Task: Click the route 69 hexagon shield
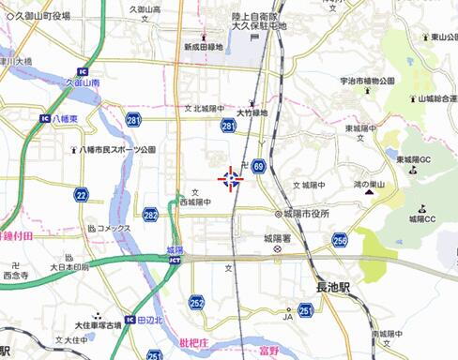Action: pyautogui.click(x=258, y=166)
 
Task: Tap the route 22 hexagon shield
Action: pyautogui.click(x=82, y=195)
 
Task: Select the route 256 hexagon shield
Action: pyautogui.click(x=339, y=241)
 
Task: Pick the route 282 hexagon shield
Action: pyautogui.click(x=150, y=215)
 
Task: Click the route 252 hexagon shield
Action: pyautogui.click(x=196, y=302)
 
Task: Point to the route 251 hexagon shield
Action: pyautogui.click(x=305, y=308)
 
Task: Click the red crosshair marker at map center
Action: pyautogui.click(x=230, y=179)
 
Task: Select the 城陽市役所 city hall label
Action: pyautogui.click(x=301, y=214)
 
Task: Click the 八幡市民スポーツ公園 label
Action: pyautogui.click(x=117, y=149)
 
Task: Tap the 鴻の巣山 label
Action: pyautogui.click(x=368, y=185)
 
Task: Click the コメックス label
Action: pyautogui.click(x=111, y=228)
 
